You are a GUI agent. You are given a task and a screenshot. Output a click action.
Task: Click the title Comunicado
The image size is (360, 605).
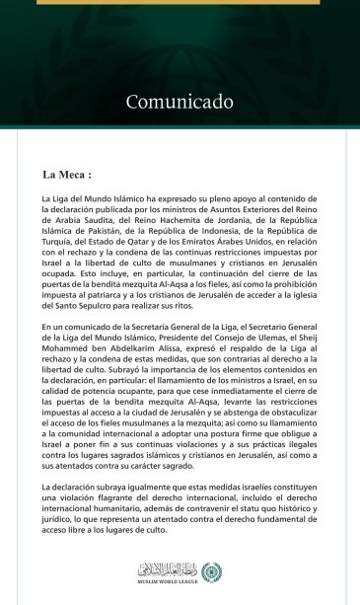point(180,102)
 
